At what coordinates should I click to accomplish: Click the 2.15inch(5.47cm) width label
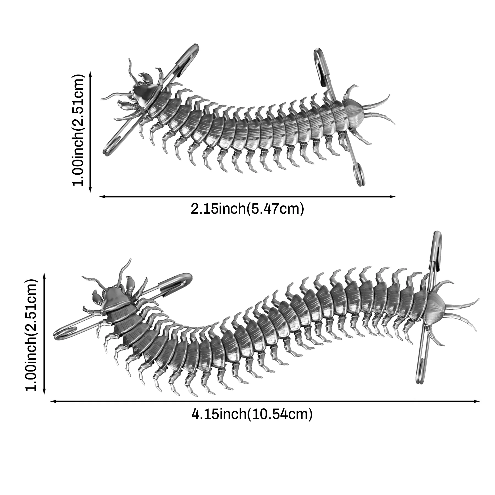coord(247,209)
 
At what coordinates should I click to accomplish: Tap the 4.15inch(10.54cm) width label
coord(252,414)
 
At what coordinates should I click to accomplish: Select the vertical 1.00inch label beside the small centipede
coord(78,130)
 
